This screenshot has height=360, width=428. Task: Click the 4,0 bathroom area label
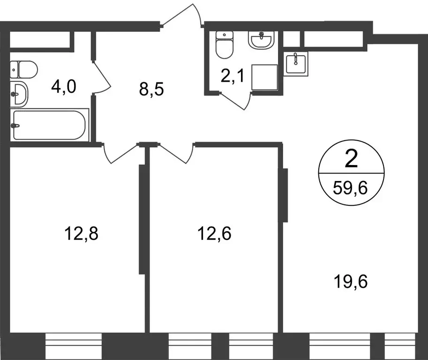[x=64, y=87]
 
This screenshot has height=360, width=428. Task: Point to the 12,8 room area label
[x=82, y=233]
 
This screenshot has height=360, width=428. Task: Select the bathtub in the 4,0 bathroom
[x=49, y=125]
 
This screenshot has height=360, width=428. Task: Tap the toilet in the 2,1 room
[x=224, y=45]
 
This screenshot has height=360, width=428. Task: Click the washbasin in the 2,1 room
[x=262, y=41]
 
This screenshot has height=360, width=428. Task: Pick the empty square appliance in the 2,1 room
[x=265, y=77]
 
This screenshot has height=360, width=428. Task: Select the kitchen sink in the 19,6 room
[x=295, y=63]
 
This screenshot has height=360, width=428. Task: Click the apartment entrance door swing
[x=184, y=16]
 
